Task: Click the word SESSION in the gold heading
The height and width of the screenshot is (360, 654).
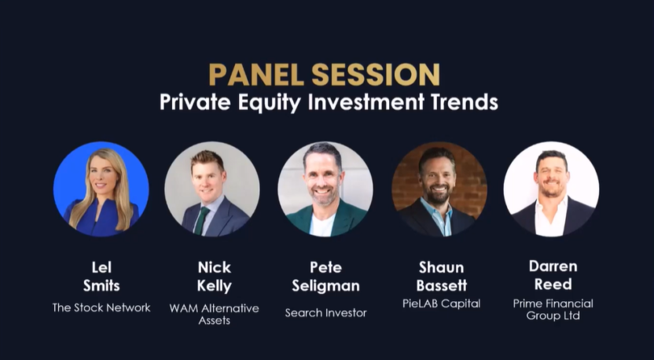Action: (x=375, y=75)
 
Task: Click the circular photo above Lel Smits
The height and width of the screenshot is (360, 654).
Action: (x=101, y=189)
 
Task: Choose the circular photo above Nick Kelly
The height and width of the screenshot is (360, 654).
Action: (x=212, y=189)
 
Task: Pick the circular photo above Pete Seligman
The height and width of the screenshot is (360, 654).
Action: (x=325, y=189)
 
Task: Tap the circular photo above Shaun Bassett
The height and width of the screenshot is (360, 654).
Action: (x=439, y=189)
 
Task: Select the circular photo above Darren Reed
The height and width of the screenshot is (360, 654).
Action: (x=551, y=189)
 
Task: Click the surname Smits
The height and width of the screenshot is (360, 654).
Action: (x=101, y=285)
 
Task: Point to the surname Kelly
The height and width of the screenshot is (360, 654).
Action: (x=214, y=285)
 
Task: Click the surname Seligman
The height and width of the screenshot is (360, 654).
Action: (x=325, y=285)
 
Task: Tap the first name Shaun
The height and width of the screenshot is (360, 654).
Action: (x=439, y=267)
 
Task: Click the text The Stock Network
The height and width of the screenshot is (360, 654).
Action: (x=101, y=307)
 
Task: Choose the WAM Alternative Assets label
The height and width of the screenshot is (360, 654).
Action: (x=214, y=314)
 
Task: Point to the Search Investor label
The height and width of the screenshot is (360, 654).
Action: (x=325, y=313)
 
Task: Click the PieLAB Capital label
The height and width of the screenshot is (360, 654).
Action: (x=439, y=303)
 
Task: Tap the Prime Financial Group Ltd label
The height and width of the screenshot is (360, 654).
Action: (x=553, y=309)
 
